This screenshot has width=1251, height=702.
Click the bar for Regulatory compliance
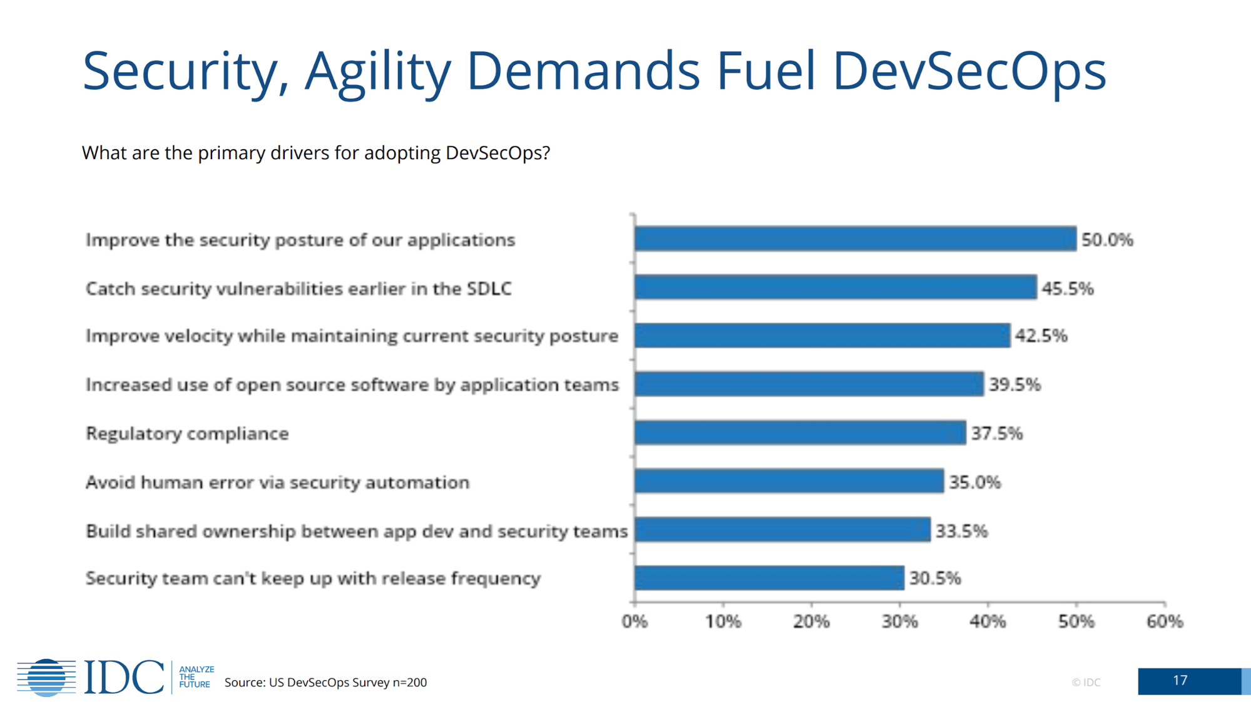(x=800, y=433)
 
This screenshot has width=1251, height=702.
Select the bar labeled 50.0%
(x=855, y=239)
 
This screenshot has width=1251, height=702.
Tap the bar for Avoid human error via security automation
(x=789, y=482)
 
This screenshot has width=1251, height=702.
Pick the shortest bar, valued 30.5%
(x=769, y=578)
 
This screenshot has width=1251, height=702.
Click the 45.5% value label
(x=1068, y=289)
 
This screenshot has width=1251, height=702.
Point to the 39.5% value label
(x=1014, y=385)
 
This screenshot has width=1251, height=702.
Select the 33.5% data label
(x=961, y=531)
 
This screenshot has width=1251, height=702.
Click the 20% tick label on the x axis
(x=811, y=622)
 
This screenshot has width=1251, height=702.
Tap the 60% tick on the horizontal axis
(x=1165, y=622)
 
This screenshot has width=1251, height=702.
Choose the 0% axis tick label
(x=635, y=622)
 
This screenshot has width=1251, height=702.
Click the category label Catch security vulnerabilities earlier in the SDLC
(x=299, y=289)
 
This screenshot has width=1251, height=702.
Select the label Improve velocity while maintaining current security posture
(x=352, y=336)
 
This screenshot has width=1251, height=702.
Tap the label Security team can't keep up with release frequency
(x=313, y=578)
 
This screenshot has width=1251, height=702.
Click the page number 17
(x=1180, y=681)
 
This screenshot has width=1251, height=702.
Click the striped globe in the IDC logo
(x=46, y=677)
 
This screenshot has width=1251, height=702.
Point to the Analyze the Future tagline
(x=196, y=677)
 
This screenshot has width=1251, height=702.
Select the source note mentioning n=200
(x=325, y=683)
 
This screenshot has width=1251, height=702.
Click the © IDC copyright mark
(x=1086, y=683)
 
